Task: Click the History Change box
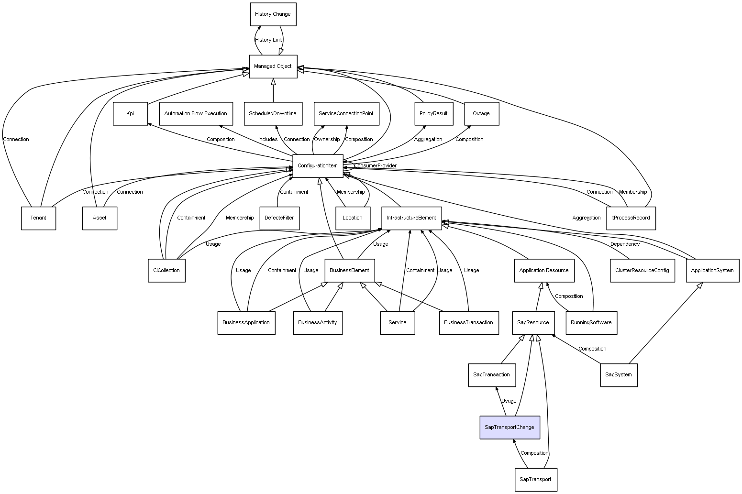[273, 14]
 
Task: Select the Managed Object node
[273, 66]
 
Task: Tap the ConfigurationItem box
[318, 166]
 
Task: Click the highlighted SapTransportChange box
[509, 427]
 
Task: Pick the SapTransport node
[535, 479]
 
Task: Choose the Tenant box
[38, 218]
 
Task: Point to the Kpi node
[130, 114]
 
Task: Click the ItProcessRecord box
[631, 218]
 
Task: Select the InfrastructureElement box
[411, 218]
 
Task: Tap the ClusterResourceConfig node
[642, 270]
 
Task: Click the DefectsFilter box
[279, 218]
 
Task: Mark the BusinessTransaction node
[468, 322]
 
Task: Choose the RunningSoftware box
[591, 322]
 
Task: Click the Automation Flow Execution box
[196, 114]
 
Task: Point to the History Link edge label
[268, 40]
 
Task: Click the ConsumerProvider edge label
[375, 166]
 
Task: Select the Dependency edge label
[625, 244]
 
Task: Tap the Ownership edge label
[327, 140]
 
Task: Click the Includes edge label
[268, 140]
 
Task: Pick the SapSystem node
[619, 374]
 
